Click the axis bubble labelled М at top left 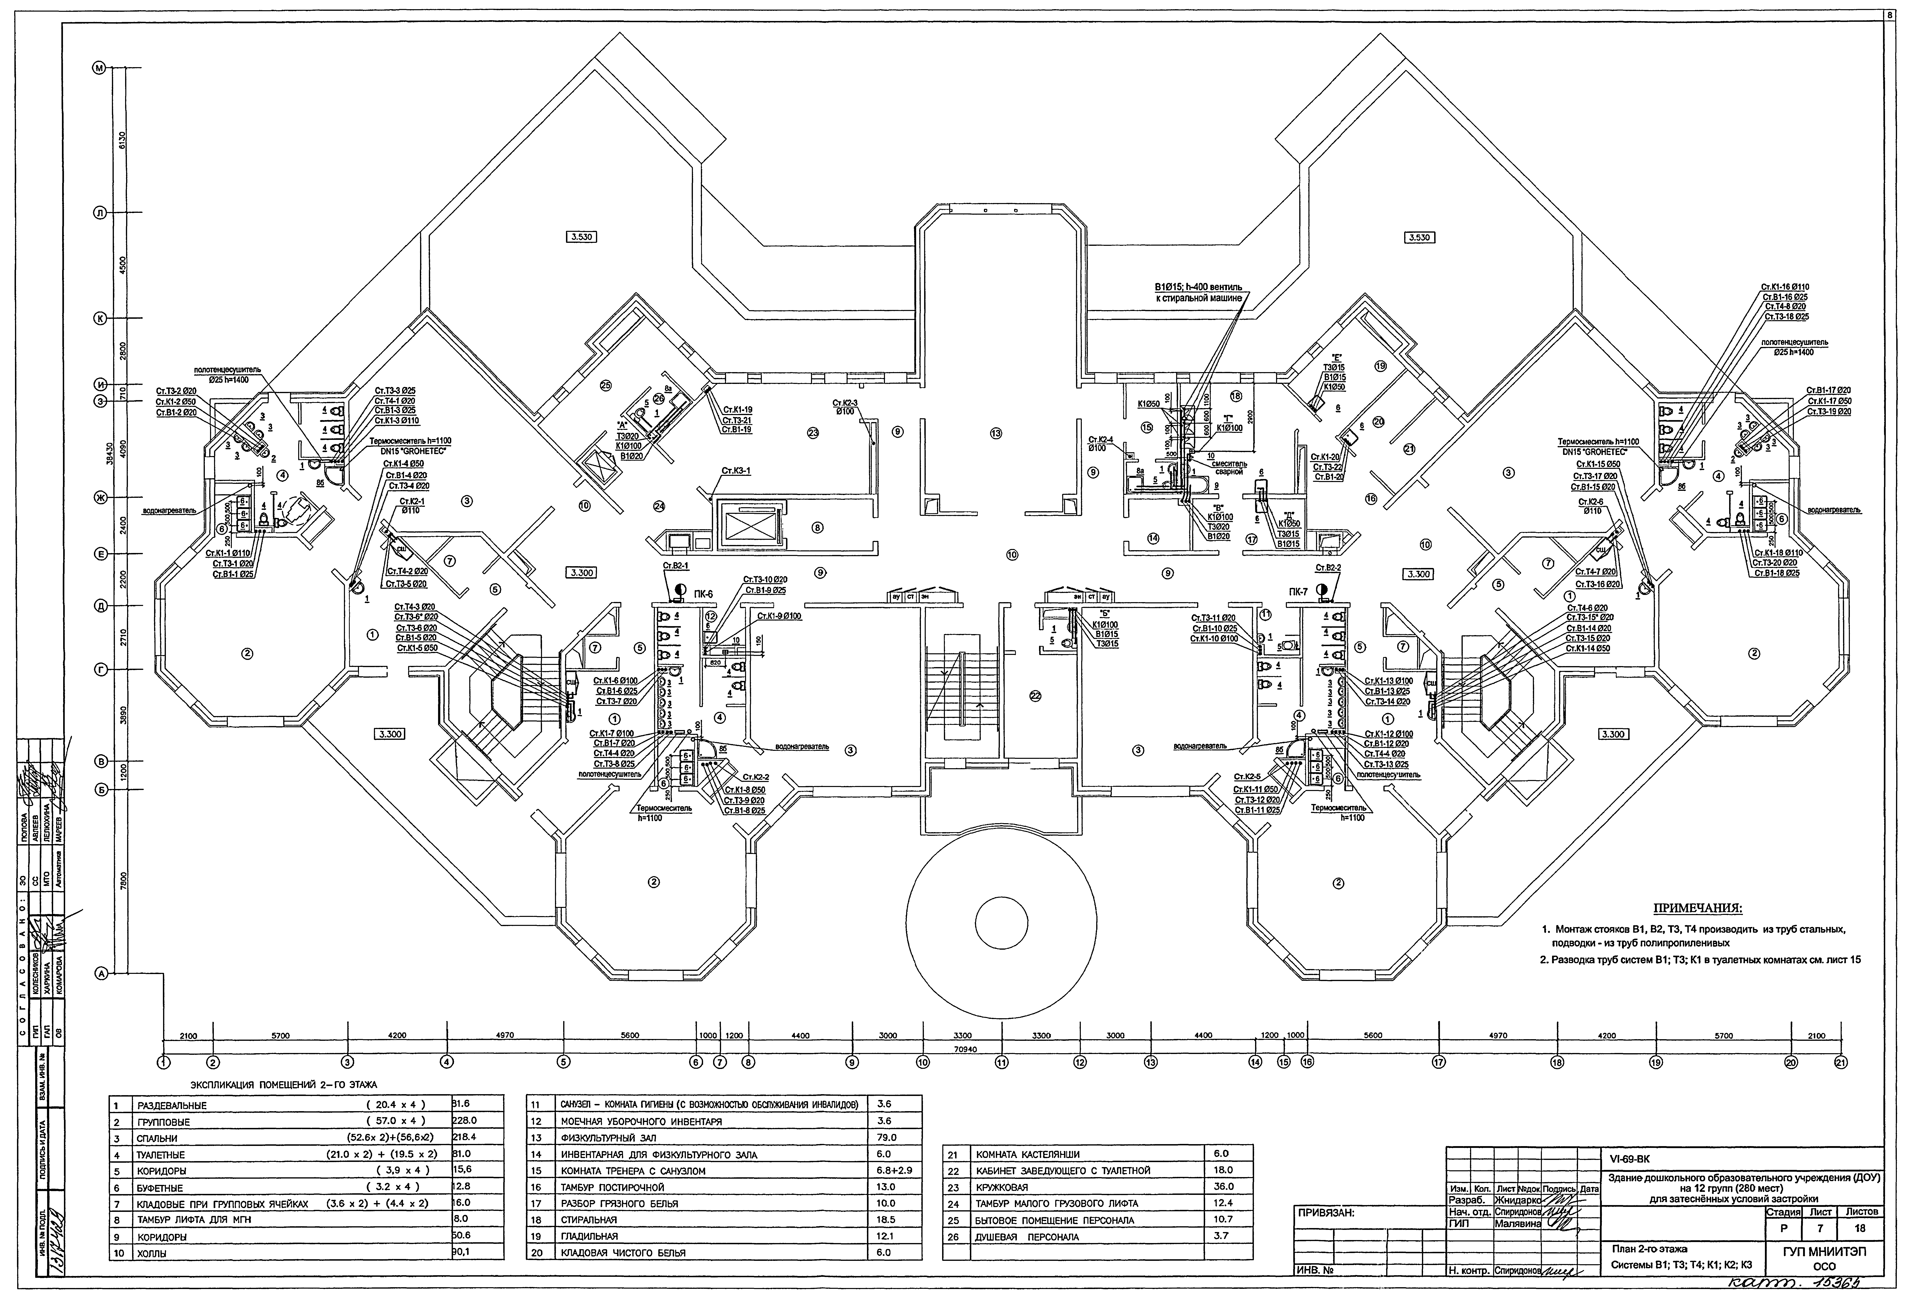click(100, 68)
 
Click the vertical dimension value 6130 click(122, 141)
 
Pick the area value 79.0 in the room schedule click(887, 1138)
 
